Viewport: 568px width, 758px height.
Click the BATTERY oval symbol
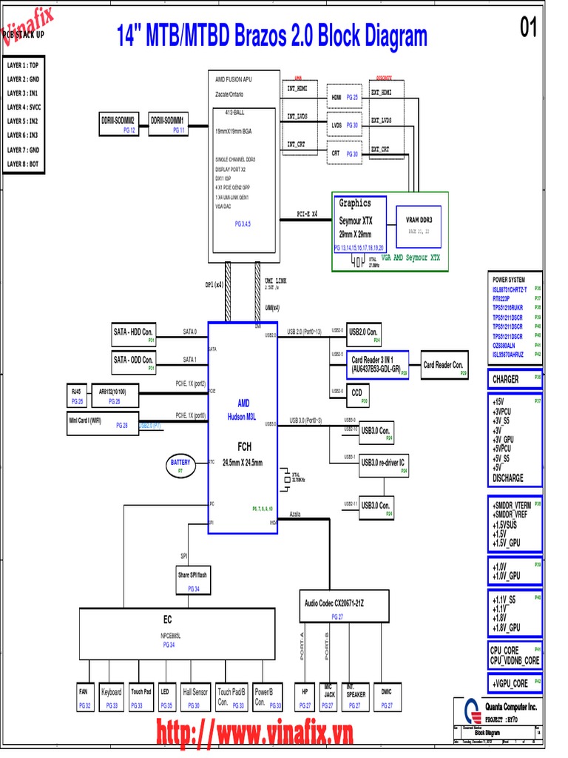pos(180,465)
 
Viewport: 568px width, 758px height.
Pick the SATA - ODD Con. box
pos(133,363)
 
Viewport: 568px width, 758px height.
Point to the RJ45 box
pos(77,395)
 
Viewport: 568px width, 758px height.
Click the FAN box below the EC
pos(85,697)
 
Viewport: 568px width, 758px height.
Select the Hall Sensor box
pos(195,697)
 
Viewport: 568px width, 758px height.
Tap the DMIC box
pos(387,697)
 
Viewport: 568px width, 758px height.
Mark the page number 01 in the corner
pos(529,29)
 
